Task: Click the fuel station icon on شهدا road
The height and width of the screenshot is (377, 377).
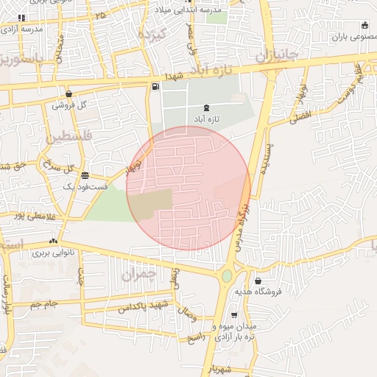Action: pyautogui.click(x=155, y=87)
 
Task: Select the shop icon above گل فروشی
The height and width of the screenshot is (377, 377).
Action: pyautogui.click(x=68, y=94)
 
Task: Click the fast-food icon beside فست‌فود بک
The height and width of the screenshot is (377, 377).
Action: pyautogui.click(x=86, y=175)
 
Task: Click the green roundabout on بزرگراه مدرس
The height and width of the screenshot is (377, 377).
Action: pyautogui.click(x=227, y=276)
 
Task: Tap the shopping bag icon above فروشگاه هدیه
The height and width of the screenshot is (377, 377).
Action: pyautogui.click(x=258, y=281)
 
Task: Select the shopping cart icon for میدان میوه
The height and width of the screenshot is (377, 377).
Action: pyautogui.click(x=234, y=314)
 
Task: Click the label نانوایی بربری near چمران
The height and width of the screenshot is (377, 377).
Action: pyautogui.click(x=50, y=252)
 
